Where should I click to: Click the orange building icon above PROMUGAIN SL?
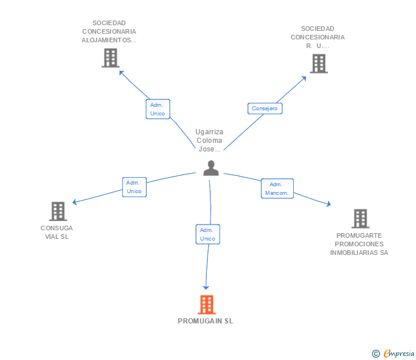tap(206, 305)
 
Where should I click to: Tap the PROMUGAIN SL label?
tap(205, 321)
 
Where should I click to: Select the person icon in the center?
tap(211, 168)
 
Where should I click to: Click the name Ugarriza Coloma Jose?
tap(209, 141)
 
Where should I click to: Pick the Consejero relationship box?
tap(265, 108)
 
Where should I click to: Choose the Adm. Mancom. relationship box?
tap(277, 189)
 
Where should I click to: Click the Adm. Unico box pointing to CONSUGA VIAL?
tap(134, 187)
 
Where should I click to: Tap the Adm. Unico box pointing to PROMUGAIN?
tap(207, 234)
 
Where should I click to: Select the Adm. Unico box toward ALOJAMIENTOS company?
tap(158, 109)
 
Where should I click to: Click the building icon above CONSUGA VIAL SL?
tap(58, 211)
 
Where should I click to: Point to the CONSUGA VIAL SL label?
tap(57, 232)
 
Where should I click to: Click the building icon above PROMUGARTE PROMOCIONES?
tap(360, 218)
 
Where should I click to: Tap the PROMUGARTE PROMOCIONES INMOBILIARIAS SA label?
tap(359, 244)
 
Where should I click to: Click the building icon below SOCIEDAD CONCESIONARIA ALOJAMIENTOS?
tap(110, 58)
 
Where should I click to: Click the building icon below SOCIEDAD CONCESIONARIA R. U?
tap(318, 63)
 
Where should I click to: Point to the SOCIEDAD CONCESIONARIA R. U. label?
tap(318, 37)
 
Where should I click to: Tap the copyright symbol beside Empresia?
tap(375, 354)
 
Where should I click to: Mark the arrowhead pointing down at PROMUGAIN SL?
tap(206, 287)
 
